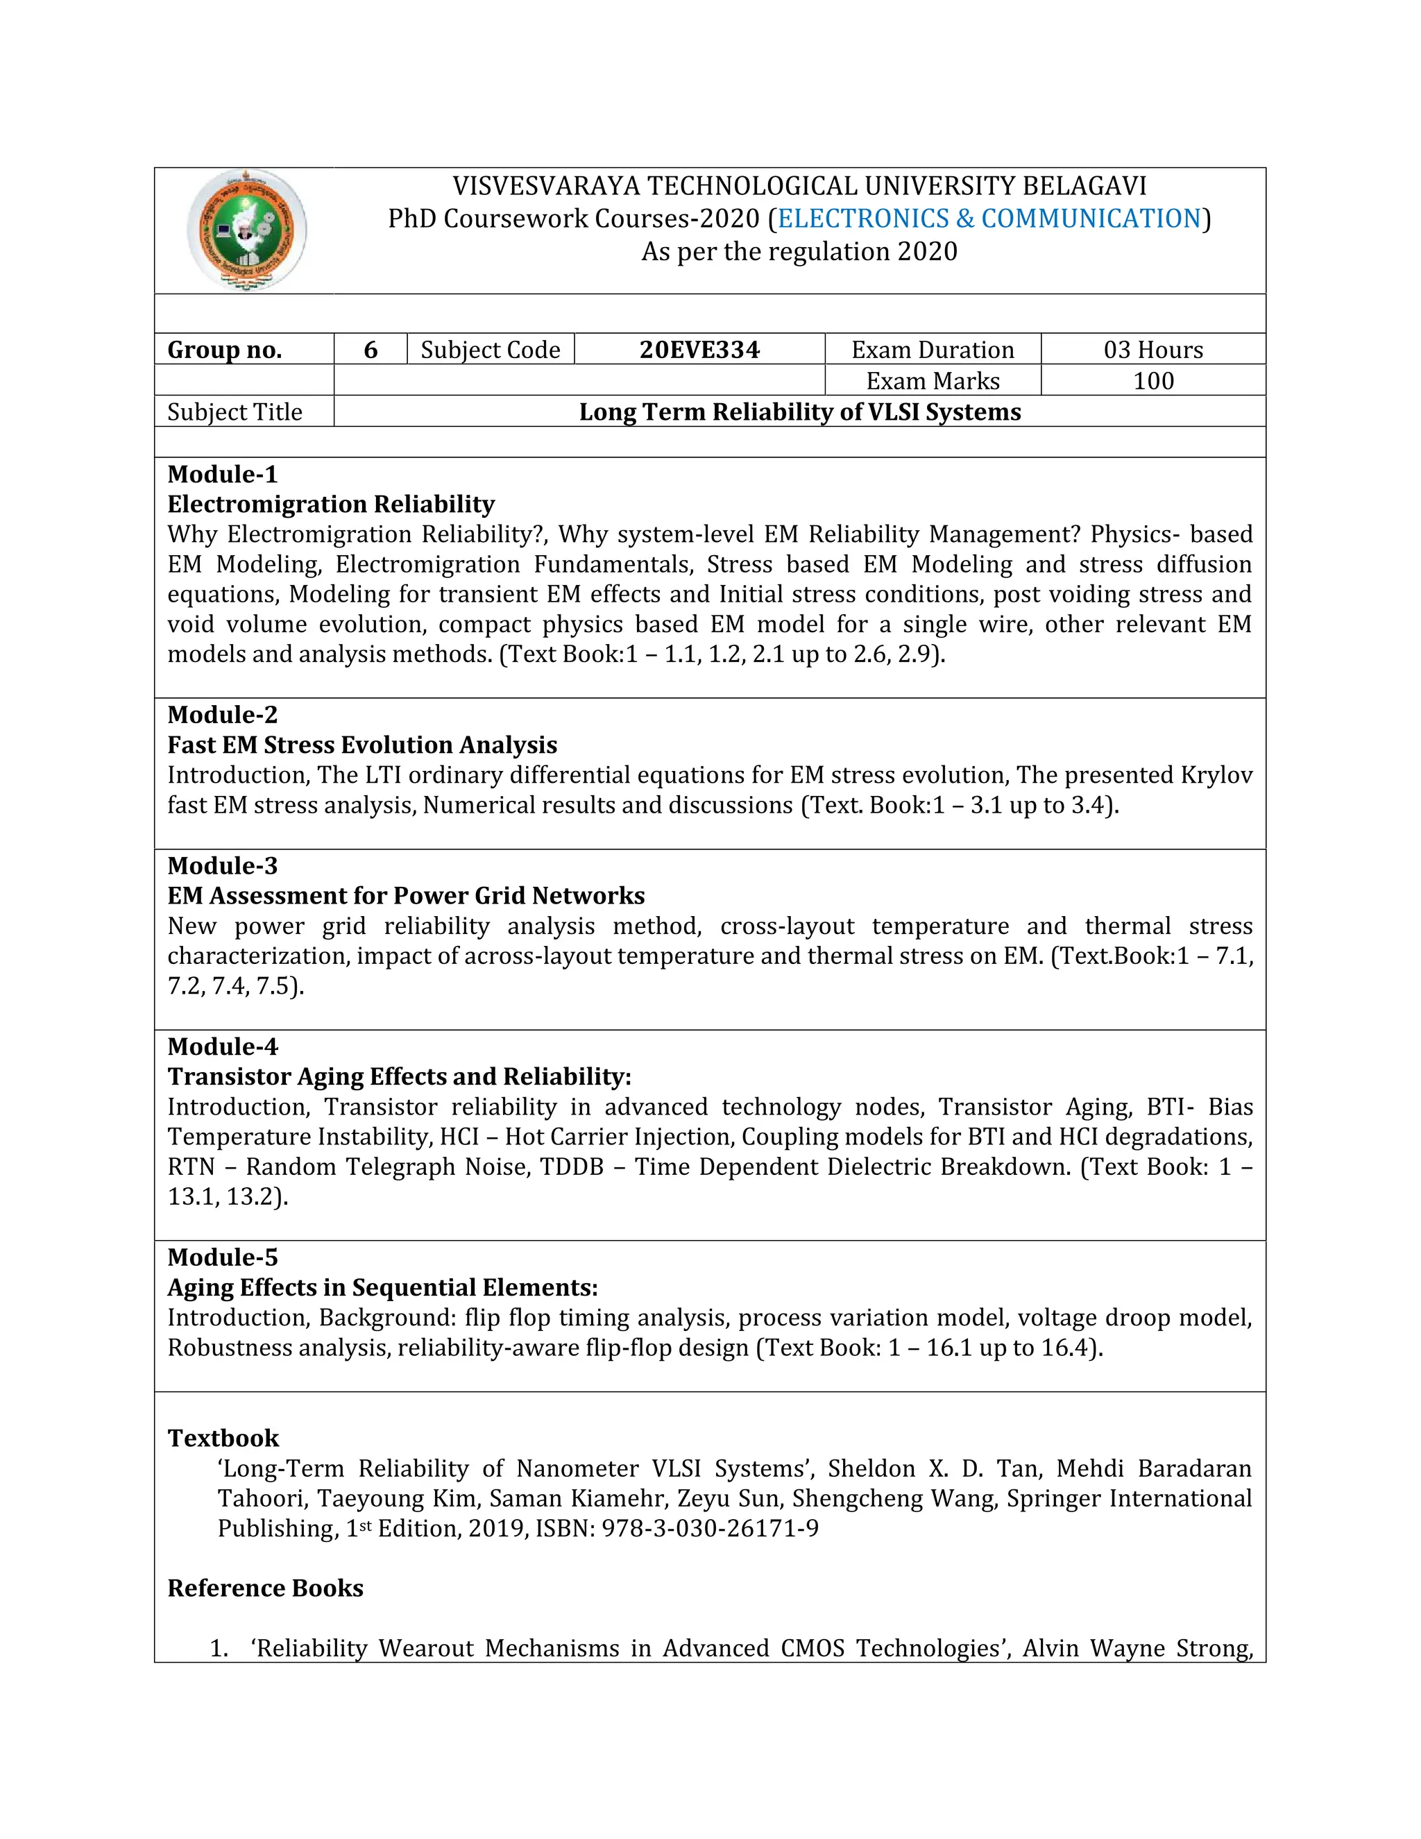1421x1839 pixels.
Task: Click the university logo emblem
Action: click(x=246, y=230)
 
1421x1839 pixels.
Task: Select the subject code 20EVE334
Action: click(x=699, y=350)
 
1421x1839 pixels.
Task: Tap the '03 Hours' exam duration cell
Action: click(x=1152, y=350)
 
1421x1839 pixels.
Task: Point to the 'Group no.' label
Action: click(x=225, y=350)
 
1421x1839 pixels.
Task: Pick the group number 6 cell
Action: click(x=371, y=350)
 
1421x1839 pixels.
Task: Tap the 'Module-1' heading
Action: click(x=222, y=474)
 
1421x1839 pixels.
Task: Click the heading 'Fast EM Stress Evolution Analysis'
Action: click(x=362, y=745)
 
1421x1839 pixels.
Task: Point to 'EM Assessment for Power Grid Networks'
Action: click(x=406, y=895)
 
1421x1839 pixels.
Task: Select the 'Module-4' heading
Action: click(x=222, y=1046)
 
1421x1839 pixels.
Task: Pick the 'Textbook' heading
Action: click(x=223, y=1437)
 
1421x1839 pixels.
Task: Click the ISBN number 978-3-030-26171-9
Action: click(x=710, y=1528)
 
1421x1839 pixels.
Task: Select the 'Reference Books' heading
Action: click(x=265, y=1588)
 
